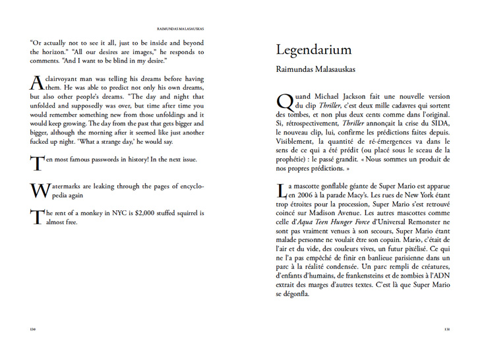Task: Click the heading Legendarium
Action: tap(313, 50)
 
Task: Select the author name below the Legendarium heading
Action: tap(316, 68)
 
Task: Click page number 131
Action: tap(446, 330)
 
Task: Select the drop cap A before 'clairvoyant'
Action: tap(37, 83)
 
